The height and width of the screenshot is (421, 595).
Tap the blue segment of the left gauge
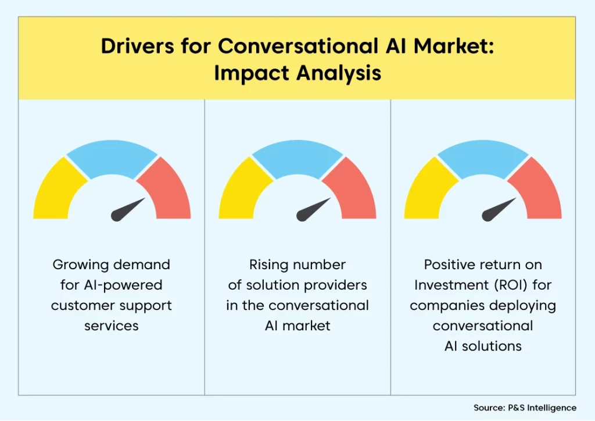[112, 156]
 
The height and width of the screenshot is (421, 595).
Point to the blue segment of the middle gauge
[297, 156]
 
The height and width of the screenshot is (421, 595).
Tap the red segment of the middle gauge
[353, 192]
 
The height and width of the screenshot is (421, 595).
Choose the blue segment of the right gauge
[483, 156]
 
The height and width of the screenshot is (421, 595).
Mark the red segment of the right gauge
[539, 192]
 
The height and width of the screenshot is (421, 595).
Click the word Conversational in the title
[298, 46]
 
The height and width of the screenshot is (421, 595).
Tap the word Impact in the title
[252, 73]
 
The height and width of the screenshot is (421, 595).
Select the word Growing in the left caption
[80, 265]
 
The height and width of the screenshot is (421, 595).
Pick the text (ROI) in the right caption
[511, 285]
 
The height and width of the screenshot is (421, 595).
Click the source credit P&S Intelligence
[542, 408]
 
